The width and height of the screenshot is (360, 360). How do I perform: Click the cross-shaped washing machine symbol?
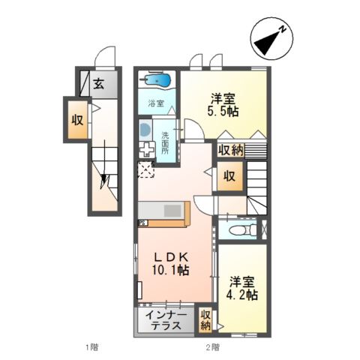pyautogui.click(x=145, y=148)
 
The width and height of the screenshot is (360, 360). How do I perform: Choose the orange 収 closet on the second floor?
pyautogui.click(x=230, y=178)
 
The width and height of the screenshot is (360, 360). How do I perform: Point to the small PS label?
pyautogui.click(x=142, y=223)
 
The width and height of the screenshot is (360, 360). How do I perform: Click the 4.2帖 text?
pyautogui.click(x=244, y=295)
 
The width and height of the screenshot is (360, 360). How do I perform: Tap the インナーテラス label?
pyautogui.click(x=166, y=320)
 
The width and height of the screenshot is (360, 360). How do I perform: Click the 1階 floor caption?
pyautogui.click(x=91, y=347)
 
